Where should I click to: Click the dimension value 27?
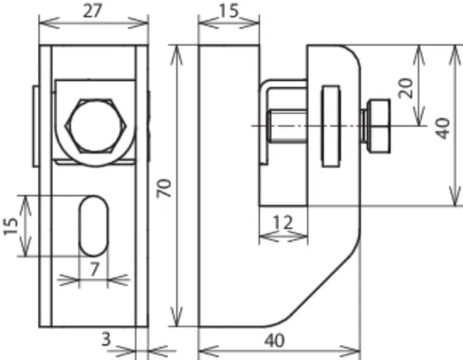click(92, 11)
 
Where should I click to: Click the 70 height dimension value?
click(164, 188)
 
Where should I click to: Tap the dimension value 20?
click(405, 88)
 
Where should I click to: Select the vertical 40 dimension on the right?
click(444, 128)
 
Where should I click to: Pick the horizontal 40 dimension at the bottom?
click(274, 340)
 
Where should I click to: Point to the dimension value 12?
click(283, 222)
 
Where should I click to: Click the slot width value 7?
click(94, 270)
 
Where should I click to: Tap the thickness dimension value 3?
click(106, 339)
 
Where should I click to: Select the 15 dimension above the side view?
click(229, 10)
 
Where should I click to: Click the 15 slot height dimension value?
click(10, 227)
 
